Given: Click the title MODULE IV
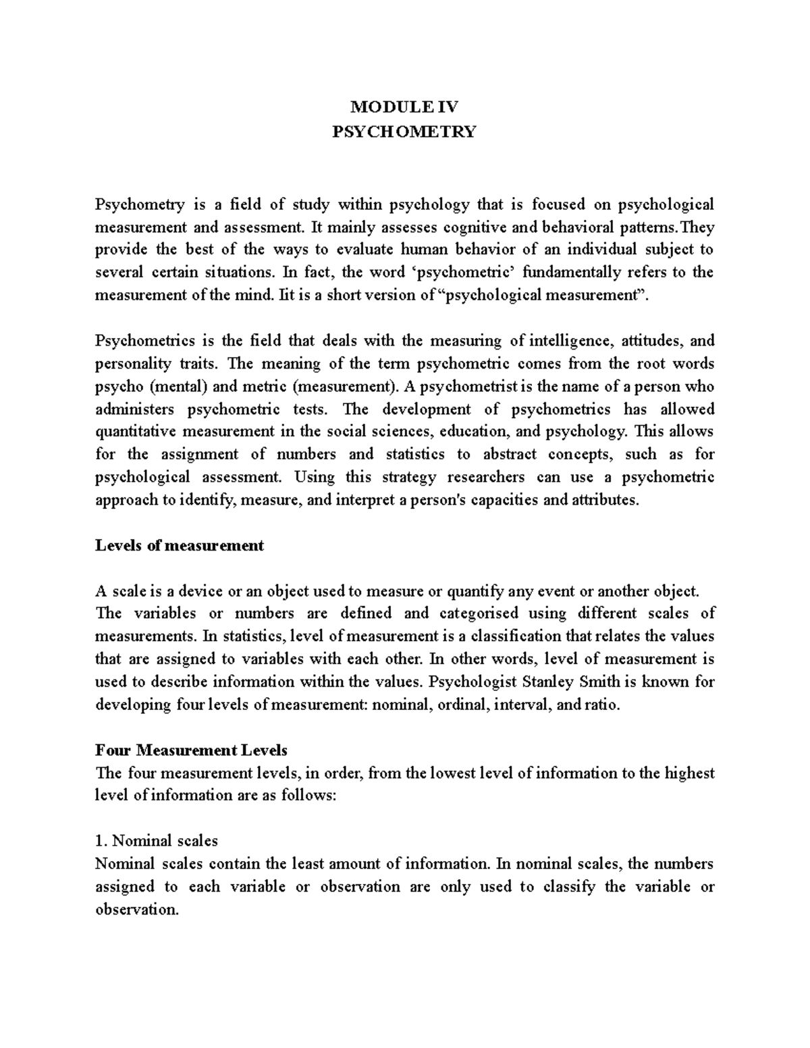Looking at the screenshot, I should coord(404,107).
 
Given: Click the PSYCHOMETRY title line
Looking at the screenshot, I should coord(404,131).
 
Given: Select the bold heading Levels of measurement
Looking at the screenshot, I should coord(179,545).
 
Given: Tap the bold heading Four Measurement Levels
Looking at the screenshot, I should coord(191,750).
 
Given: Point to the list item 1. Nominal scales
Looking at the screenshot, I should coord(157,841).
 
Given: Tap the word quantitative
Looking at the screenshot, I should coord(132,432).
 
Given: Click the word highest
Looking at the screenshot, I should coord(689,773).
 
